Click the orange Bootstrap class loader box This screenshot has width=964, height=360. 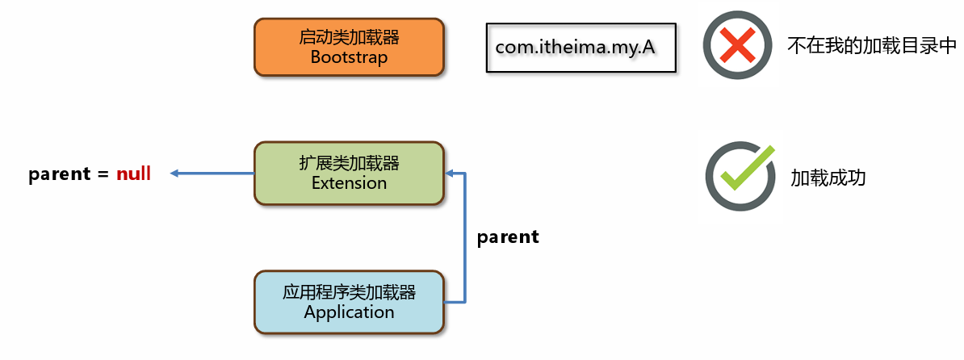tap(349, 48)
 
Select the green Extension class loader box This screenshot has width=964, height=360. tap(349, 174)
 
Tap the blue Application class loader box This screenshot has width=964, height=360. tap(349, 302)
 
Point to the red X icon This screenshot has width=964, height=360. tap(738, 45)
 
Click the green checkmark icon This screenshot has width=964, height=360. tap(740, 176)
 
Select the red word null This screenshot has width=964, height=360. tap(133, 174)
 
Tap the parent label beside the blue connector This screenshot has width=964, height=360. tap(508, 237)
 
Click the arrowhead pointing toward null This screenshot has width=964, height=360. tap(174, 174)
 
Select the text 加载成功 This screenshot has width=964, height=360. tap(828, 178)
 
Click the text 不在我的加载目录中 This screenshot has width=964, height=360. tap(872, 47)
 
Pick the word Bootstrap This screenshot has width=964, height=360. tap(349, 57)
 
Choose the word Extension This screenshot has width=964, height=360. tap(349, 183)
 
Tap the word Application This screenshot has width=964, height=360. tap(349, 312)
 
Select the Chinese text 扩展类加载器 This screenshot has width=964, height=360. tap(349, 163)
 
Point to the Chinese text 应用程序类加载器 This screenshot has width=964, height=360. tap(349, 292)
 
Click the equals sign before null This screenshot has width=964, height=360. tap(103, 174)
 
